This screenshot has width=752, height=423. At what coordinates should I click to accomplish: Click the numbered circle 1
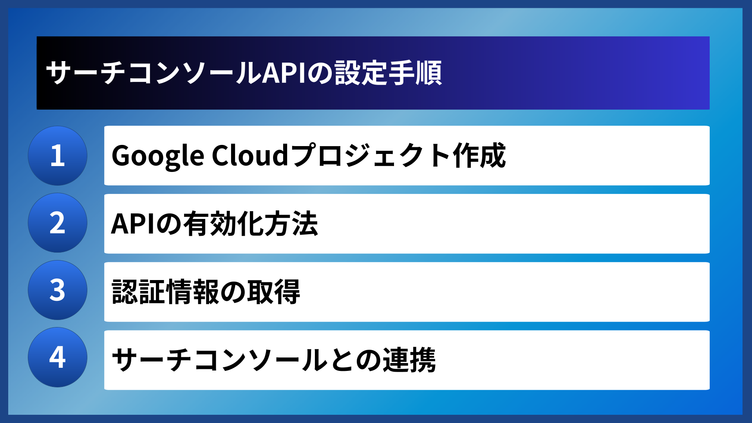(58, 155)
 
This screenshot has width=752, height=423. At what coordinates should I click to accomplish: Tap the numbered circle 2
(58, 223)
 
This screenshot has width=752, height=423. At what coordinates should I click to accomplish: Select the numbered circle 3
(58, 290)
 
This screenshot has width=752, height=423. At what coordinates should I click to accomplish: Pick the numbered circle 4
(58, 357)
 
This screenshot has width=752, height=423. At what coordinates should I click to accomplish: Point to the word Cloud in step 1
(250, 155)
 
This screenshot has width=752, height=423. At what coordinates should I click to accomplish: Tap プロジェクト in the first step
(370, 155)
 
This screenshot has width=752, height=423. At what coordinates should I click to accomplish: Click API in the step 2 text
(133, 224)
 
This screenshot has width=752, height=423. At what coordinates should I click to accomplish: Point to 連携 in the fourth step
(409, 360)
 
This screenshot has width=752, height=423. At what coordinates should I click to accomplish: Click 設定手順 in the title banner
(388, 73)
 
